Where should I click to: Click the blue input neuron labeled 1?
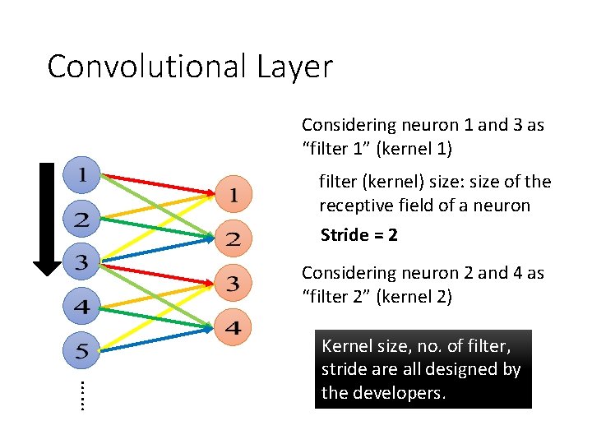[82, 174]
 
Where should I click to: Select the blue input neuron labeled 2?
[82, 219]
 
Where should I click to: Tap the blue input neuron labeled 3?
[82, 263]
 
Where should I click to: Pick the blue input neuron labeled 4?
[82, 308]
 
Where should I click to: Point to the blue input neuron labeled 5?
[82, 352]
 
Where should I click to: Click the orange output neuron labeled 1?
[234, 195]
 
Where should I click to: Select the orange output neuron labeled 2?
[234, 239]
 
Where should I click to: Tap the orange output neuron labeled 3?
[234, 284]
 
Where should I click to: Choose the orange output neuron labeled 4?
[234, 328]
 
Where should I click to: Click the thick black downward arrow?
[47, 218]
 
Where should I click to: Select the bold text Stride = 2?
[359, 235]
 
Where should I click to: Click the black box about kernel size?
[423, 369]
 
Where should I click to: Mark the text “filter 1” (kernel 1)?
[377, 149]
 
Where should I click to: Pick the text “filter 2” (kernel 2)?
[377, 297]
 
